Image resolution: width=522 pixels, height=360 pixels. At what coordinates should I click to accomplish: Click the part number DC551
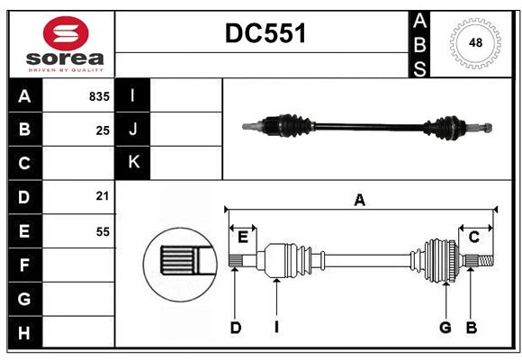(x=265, y=33)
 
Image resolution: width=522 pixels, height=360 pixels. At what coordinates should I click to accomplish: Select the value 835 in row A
(x=98, y=96)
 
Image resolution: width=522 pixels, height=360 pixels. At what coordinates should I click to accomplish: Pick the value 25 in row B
(x=103, y=130)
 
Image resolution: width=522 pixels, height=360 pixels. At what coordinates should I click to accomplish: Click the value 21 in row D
(x=102, y=196)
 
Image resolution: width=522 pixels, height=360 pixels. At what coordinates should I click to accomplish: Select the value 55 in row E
(x=102, y=231)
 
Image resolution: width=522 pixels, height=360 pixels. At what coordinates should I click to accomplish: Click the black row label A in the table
(x=24, y=96)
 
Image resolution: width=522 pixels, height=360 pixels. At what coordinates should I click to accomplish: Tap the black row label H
(x=24, y=332)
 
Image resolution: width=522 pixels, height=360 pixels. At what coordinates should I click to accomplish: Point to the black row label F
(x=24, y=265)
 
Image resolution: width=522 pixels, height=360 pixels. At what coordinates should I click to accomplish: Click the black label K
(x=133, y=162)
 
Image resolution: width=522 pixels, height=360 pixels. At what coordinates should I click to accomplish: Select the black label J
(x=133, y=129)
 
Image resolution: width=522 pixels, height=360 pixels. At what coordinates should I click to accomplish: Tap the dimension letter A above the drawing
(x=360, y=201)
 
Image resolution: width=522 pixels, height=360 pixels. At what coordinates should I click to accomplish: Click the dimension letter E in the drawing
(x=243, y=237)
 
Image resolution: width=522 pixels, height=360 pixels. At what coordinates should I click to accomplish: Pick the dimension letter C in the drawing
(x=473, y=237)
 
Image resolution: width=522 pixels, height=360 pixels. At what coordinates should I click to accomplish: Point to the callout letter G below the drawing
(x=445, y=328)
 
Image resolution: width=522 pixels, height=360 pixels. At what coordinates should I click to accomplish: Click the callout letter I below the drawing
(x=276, y=328)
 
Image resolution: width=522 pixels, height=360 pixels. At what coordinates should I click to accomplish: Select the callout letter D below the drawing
(x=235, y=328)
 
